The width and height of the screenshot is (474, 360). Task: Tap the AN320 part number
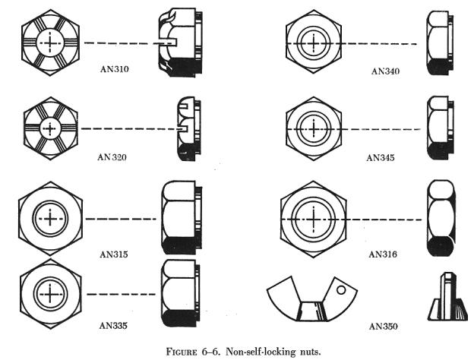(x=113, y=156)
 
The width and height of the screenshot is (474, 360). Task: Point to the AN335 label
(x=113, y=325)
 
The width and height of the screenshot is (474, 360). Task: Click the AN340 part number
(x=385, y=71)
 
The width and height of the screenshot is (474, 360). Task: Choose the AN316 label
(x=384, y=253)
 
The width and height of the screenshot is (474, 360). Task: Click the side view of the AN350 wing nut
(x=444, y=300)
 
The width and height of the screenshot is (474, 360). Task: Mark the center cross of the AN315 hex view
(x=50, y=219)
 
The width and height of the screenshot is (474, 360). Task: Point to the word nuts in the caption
(x=306, y=350)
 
